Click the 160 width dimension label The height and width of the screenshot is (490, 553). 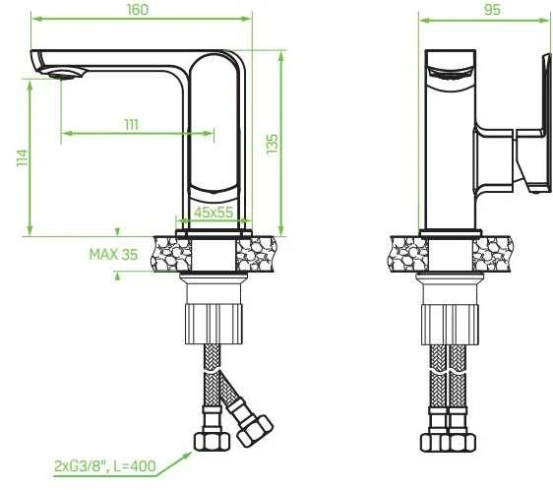point(138,10)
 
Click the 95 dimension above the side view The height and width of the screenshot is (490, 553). point(492,10)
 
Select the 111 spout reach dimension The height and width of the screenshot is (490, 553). point(131,125)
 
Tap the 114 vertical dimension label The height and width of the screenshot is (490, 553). point(23,157)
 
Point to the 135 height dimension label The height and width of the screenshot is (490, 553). point(273,144)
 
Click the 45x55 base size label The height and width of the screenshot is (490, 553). point(214,213)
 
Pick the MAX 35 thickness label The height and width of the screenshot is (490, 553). point(113,255)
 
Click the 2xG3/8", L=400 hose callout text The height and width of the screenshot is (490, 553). point(105,466)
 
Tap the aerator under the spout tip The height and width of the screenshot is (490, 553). point(63,75)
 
